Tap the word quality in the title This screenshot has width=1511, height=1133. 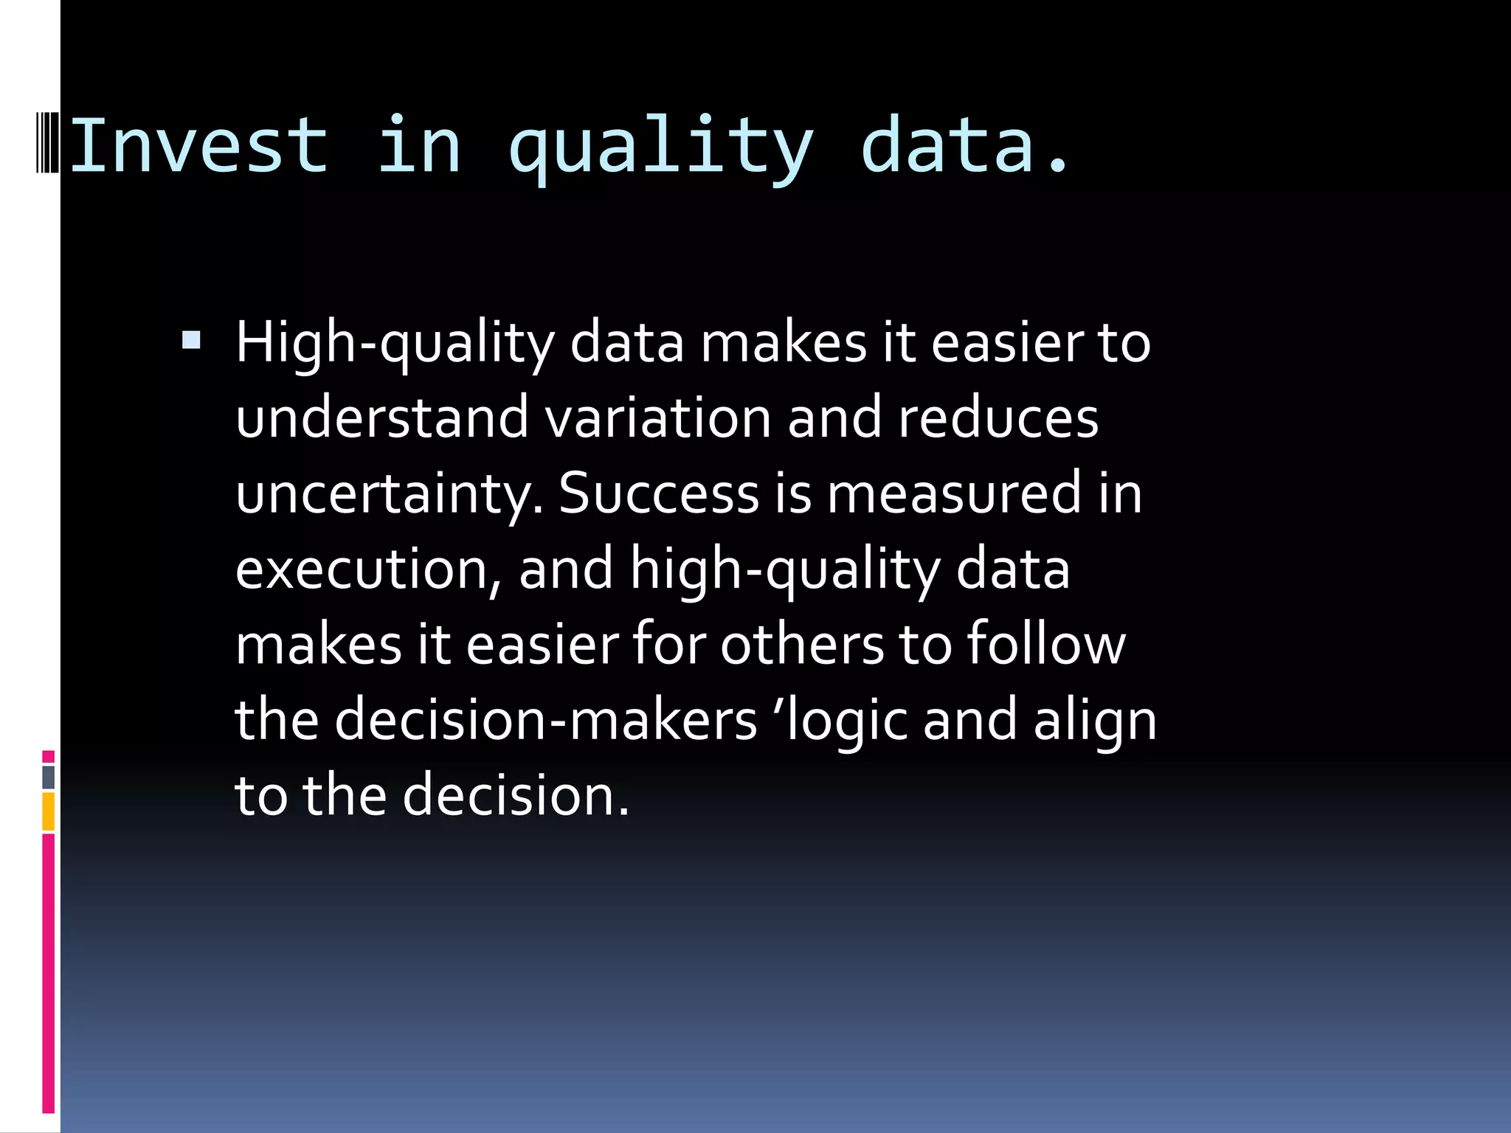pyautogui.click(x=661, y=147)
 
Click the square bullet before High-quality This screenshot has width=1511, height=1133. pyautogui.click(x=191, y=340)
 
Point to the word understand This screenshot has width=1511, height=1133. pyautogui.click(x=382, y=418)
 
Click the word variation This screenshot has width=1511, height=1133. pyautogui.click(x=658, y=418)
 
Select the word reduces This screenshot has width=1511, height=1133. pyautogui.click(x=998, y=418)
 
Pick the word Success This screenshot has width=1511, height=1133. pyautogui.click(x=659, y=494)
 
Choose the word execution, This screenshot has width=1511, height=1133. pyautogui.click(x=369, y=569)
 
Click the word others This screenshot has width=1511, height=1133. pyautogui.click(x=802, y=645)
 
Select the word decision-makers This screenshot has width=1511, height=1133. pyautogui.click(x=546, y=720)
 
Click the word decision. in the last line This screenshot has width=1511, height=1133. pyautogui.click(x=516, y=796)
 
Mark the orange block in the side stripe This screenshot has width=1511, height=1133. pyautogui.click(x=49, y=811)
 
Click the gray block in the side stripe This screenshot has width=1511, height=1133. pyautogui.click(x=49, y=777)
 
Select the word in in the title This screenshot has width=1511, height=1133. pyautogui.click(x=419, y=147)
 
